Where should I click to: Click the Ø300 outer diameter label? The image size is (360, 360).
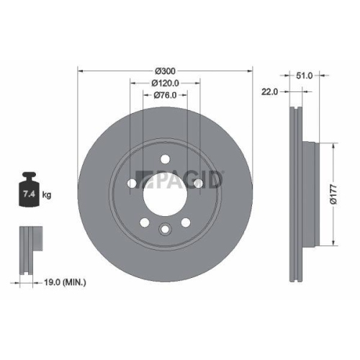[x=166, y=71]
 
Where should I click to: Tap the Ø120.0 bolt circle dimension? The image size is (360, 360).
[x=165, y=84]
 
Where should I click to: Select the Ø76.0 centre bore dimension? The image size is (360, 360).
[x=165, y=96]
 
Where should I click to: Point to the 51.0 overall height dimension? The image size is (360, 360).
[x=305, y=75]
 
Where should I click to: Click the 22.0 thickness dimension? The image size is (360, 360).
[x=270, y=91]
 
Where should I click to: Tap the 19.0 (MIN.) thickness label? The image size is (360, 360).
[x=61, y=283]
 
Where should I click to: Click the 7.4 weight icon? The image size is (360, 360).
[x=30, y=191]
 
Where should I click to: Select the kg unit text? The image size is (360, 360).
[x=47, y=194]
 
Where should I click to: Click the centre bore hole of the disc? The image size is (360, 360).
[x=165, y=194]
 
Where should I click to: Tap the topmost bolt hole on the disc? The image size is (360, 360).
[x=165, y=160]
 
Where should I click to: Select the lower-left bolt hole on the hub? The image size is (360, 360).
[x=144, y=222]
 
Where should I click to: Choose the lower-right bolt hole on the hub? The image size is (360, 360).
[x=186, y=222]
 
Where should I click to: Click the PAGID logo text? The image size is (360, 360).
[x=187, y=179]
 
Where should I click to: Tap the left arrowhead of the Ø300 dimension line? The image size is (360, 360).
[x=80, y=71]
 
